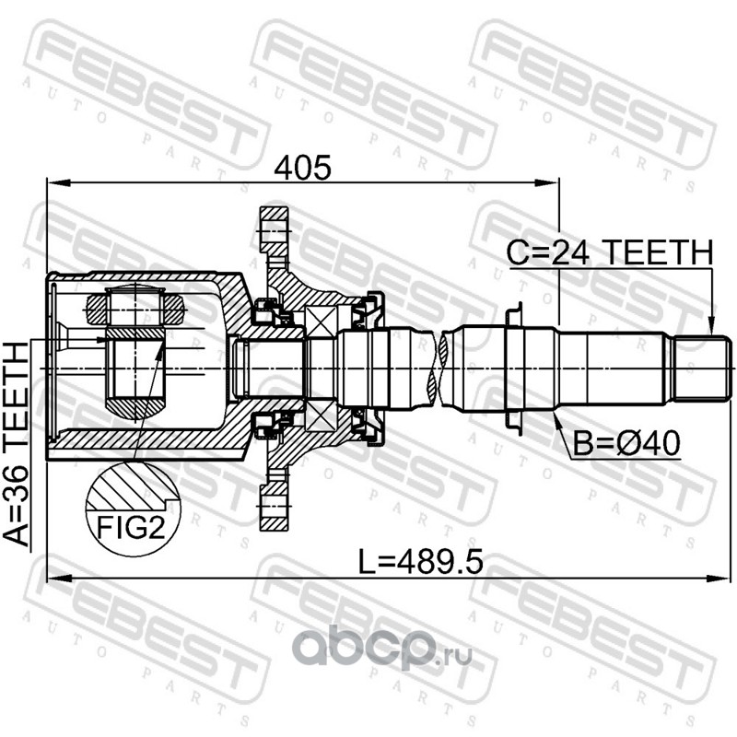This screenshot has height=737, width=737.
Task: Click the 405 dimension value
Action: tap(302, 168)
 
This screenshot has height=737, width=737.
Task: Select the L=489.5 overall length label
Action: tap(420, 562)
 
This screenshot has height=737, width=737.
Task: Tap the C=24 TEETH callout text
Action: tap(610, 252)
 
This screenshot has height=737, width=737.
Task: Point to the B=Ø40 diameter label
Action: tap(626, 443)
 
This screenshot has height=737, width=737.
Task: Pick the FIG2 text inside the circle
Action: tap(131, 527)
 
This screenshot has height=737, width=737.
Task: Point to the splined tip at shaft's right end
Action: tap(702, 368)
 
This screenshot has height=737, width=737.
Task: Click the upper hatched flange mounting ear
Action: tap(274, 231)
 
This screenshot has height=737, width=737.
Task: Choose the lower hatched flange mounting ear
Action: tap(274, 506)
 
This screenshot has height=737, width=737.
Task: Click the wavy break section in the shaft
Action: tap(439, 367)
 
